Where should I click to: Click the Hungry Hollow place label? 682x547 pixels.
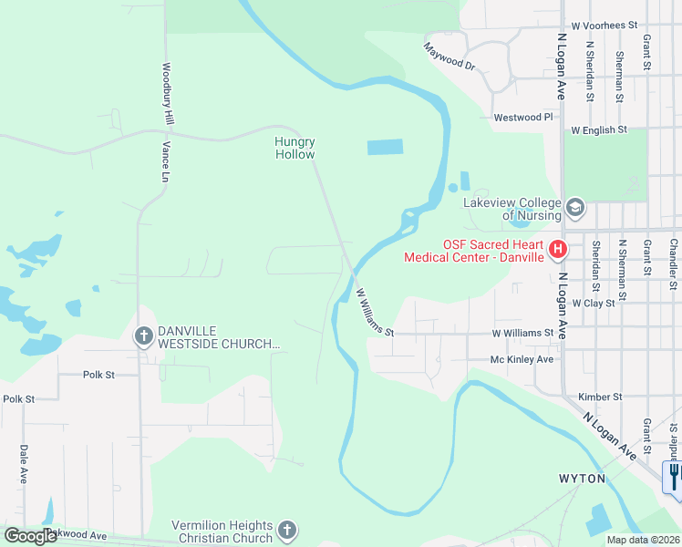pos(294,148)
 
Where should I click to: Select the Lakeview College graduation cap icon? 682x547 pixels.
pos(574,208)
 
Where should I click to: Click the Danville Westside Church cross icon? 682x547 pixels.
pos(143,336)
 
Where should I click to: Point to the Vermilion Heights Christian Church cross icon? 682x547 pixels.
pos(286,531)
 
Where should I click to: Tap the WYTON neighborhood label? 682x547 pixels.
pos(582,478)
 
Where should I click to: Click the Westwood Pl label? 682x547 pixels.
pos(522,118)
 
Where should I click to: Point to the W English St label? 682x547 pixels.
pos(599,130)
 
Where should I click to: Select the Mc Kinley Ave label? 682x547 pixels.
pos(522,359)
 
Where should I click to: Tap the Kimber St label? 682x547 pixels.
pos(600,397)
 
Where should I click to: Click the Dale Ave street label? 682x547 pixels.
pos(23,464)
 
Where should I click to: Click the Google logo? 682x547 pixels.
pos(30,535)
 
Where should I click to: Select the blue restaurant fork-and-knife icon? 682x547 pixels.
pos(673,476)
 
